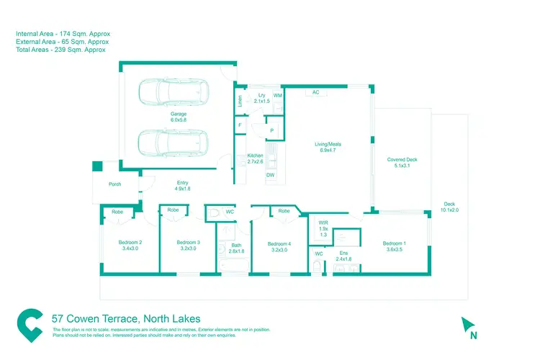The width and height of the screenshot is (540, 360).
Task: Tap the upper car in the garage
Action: click(x=174, y=92)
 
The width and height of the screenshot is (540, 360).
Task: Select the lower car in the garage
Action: click(x=174, y=140)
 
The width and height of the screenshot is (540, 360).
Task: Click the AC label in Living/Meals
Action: click(x=315, y=92)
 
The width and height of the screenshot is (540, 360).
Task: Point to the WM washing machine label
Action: click(x=277, y=95)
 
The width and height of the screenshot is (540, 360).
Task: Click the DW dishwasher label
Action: click(x=270, y=175)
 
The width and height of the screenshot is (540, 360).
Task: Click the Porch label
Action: click(x=115, y=184)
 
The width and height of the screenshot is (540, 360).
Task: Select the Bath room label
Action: click(x=237, y=248)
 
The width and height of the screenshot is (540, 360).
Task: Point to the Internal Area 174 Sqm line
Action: click(x=63, y=33)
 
